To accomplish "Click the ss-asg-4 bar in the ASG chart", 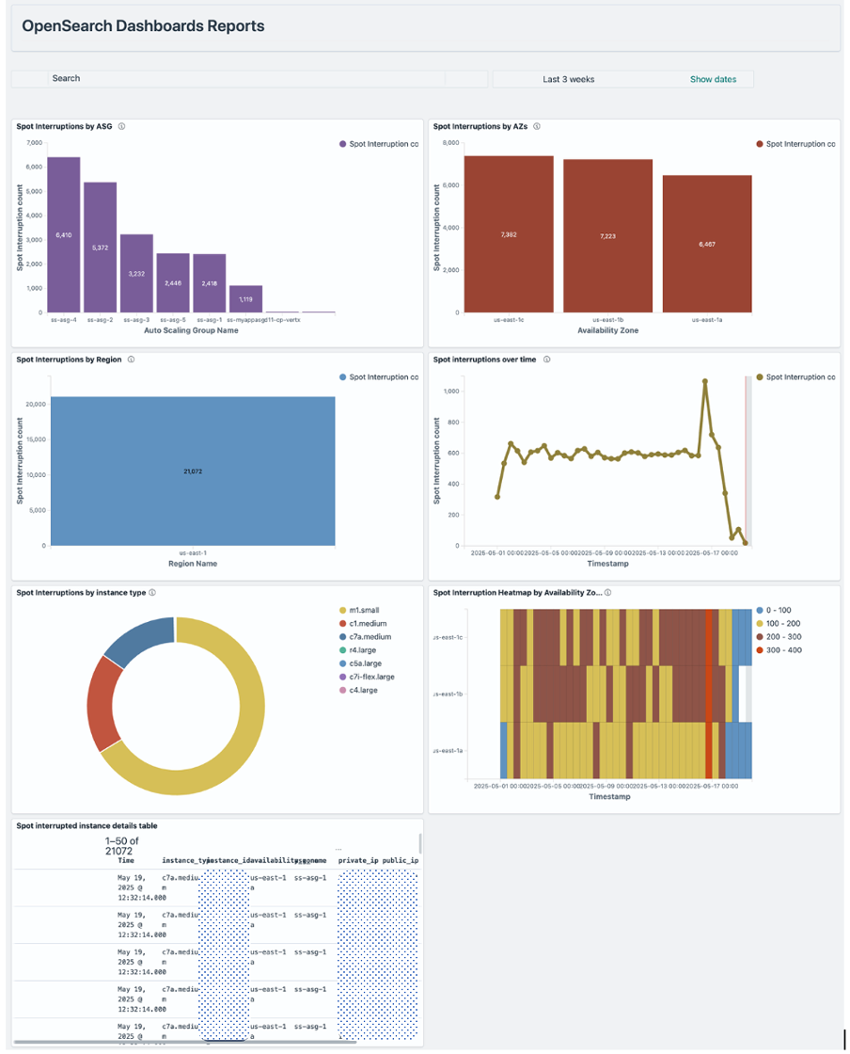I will coord(64,234).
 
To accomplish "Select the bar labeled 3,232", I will coord(136,273).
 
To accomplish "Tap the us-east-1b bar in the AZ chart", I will coord(607,235).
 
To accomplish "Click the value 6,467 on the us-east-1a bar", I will coord(707,244).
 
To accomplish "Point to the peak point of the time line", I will coord(705,381).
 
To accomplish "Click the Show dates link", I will coord(713,79).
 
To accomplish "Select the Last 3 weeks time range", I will coord(569,79).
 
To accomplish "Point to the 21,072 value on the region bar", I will coord(192,471).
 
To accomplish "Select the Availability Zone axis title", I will coord(607,330).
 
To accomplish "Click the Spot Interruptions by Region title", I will coord(69,359).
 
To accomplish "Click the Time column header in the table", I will coord(126,860).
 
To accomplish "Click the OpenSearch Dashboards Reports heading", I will coord(143,26).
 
